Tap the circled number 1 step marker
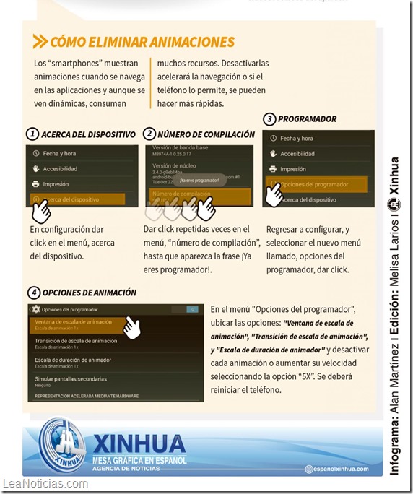[32, 134]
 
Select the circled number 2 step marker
[149, 134]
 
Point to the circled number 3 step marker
[269, 118]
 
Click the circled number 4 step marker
[33, 292]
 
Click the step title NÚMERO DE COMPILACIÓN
[206, 134]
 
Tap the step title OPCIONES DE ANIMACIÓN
[90, 292]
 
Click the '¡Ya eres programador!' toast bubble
[200, 181]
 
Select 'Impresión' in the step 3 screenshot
[293, 169]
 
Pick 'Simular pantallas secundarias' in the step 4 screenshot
[71, 380]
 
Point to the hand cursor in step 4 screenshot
[132, 326]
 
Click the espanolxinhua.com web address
[336, 469]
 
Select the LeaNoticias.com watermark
[45, 484]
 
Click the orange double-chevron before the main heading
[40, 42]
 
